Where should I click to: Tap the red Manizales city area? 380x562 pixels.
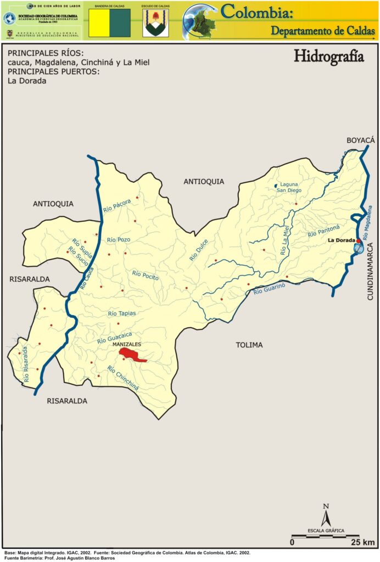coord(132,354)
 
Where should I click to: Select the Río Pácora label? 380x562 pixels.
coord(117,206)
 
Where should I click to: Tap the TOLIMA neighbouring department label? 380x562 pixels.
coord(249,345)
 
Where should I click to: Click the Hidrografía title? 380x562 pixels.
coord(329,57)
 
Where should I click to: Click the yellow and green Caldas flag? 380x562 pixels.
coord(110,23)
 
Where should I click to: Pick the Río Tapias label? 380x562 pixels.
coord(122,313)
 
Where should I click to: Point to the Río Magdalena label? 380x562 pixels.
coord(366,220)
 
